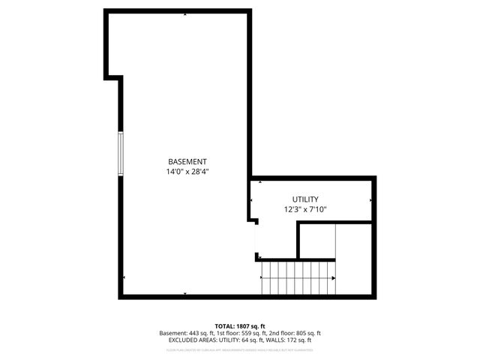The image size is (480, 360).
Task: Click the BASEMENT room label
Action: [x=187, y=162]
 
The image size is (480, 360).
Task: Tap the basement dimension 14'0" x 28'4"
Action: [x=187, y=172]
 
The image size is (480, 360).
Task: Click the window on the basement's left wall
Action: [x=119, y=154]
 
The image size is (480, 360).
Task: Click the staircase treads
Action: [x=296, y=277]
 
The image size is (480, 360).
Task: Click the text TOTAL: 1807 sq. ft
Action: [x=240, y=326]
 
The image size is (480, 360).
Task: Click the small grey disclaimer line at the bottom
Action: [x=240, y=349]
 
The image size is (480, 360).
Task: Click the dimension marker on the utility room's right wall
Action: [x=370, y=200]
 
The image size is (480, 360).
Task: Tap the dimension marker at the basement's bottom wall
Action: [x=187, y=293]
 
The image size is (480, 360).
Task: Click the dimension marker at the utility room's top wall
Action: [x=260, y=181]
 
